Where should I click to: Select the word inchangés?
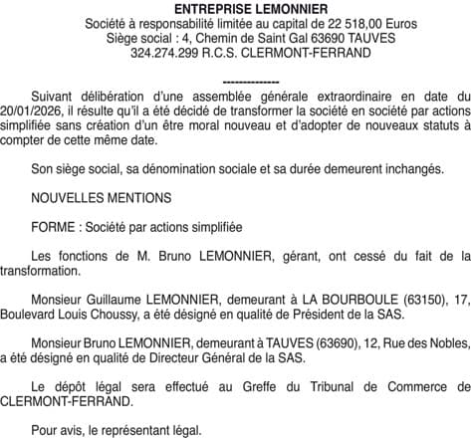pos(410,169)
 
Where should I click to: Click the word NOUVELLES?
pos(68,198)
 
